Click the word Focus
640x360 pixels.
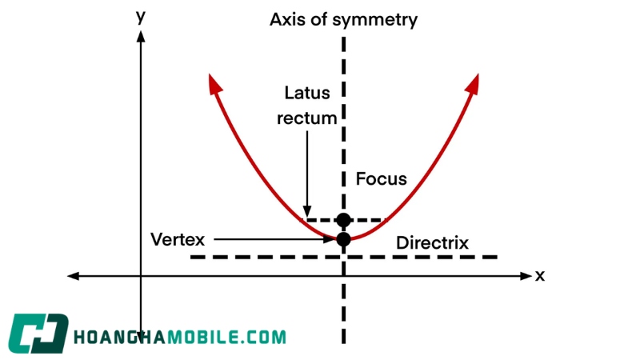point(382,178)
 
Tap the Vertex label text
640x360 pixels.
point(178,239)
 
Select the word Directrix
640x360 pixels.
point(432,243)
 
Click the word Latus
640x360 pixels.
point(307,93)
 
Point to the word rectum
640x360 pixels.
point(307,118)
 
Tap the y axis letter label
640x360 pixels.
point(141,17)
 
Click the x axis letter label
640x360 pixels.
point(540,276)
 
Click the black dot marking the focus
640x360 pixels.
point(344,220)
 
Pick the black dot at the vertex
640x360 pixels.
point(344,239)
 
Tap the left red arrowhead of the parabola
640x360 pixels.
point(214,83)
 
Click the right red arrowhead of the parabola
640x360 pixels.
point(473,84)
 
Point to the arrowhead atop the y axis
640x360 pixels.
point(141,36)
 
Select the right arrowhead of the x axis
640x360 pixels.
point(526,276)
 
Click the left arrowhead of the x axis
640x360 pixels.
point(73,276)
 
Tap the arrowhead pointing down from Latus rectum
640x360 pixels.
point(307,212)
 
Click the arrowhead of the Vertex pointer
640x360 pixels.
point(329,239)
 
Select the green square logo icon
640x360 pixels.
point(38,334)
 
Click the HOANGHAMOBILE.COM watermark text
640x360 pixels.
point(180,338)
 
